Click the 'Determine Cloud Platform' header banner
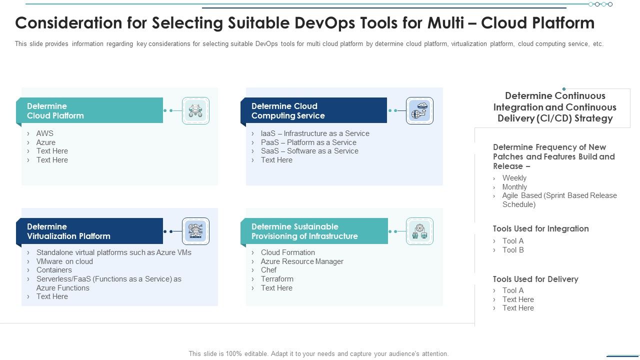(90, 110)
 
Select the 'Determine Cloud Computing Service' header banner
(314, 110)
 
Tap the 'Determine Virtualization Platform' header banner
(90, 231)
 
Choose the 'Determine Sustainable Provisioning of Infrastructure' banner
(314, 231)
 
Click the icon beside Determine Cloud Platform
(195, 110)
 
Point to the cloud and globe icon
(419, 110)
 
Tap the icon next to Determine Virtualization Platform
(195, 231)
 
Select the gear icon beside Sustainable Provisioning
(419, 231)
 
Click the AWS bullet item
(44, 133)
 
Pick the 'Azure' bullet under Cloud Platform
(45, 142)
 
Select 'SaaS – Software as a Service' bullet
(309, 151)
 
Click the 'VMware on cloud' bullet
(64, 261)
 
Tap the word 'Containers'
(54, 270)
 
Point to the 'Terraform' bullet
(277, 279)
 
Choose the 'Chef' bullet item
(268, 270)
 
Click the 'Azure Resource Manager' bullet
(302, 261)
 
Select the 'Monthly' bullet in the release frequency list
(514, 187)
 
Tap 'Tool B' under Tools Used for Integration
(513, 250)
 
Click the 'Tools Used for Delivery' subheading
(535, 279)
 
